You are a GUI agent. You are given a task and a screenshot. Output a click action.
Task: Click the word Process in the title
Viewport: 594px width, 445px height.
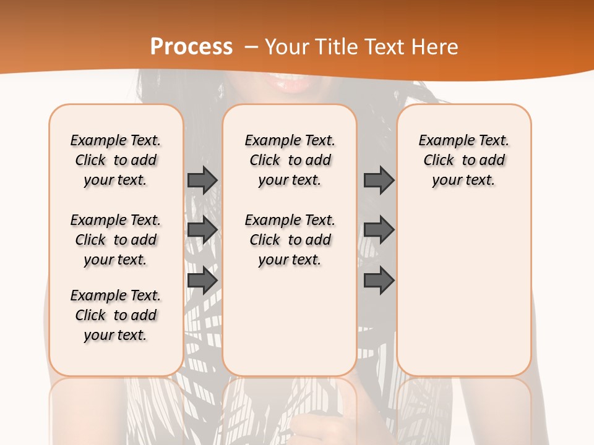[192, 46]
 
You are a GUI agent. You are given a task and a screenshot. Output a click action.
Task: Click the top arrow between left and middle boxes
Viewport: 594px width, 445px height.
[202, 180]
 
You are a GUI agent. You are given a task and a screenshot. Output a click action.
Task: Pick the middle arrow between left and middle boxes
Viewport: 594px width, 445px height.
[202, 230]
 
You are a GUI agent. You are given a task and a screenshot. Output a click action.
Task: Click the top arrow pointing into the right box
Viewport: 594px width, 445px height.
[379, 180]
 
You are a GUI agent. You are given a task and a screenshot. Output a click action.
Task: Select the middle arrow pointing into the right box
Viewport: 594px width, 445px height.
[379, 230]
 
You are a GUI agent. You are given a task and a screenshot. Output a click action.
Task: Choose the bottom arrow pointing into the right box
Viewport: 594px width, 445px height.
[379, 281]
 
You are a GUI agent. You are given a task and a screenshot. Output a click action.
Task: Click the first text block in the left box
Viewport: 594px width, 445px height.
[116, 160]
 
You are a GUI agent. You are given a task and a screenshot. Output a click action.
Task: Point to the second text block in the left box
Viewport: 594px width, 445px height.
[116, 240]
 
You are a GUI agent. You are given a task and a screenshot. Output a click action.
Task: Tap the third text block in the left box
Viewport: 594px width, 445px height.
[116, 315]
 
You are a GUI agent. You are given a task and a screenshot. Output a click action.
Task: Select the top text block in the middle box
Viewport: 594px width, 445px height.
[290, 160]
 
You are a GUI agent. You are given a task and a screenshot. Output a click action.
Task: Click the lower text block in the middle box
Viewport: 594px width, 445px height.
[290, 240]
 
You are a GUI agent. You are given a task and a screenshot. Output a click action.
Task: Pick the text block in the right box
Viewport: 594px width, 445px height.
[463, 160]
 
